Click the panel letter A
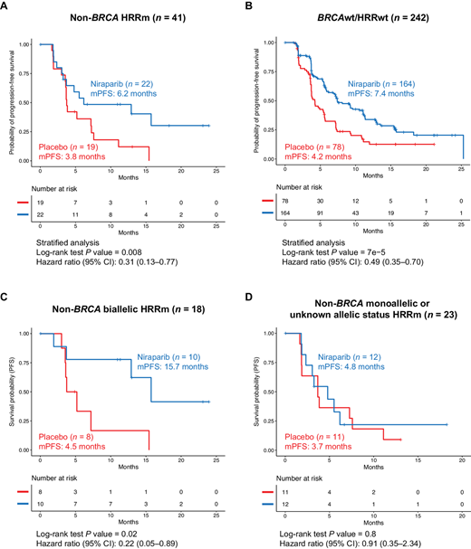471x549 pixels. [7, 7]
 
